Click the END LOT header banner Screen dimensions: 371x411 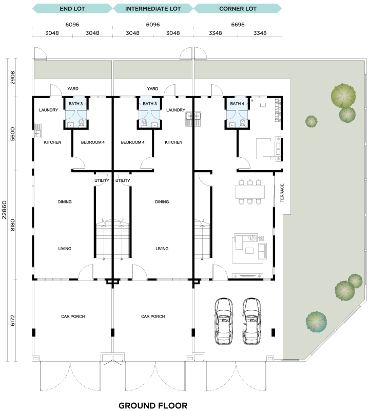72,9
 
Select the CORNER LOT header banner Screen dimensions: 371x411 238,9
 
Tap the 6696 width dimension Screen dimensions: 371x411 238,24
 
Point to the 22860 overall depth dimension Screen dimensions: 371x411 4,210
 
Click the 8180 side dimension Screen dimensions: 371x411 12,225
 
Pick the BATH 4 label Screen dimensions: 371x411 237,104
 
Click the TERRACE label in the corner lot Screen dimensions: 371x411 282,193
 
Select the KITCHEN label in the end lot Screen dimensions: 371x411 52,142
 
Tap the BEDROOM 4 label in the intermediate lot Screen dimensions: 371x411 132,142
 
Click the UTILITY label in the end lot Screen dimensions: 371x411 102,181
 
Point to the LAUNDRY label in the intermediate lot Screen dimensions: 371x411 175,110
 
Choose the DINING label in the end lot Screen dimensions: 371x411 65,202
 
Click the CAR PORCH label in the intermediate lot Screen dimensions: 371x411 153,316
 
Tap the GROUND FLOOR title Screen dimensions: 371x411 153,406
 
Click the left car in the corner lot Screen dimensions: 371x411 224,321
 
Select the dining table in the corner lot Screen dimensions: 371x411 250,192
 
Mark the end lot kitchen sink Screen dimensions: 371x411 37,130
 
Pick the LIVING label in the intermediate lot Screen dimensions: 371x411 162,249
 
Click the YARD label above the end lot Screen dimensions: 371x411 73,89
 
